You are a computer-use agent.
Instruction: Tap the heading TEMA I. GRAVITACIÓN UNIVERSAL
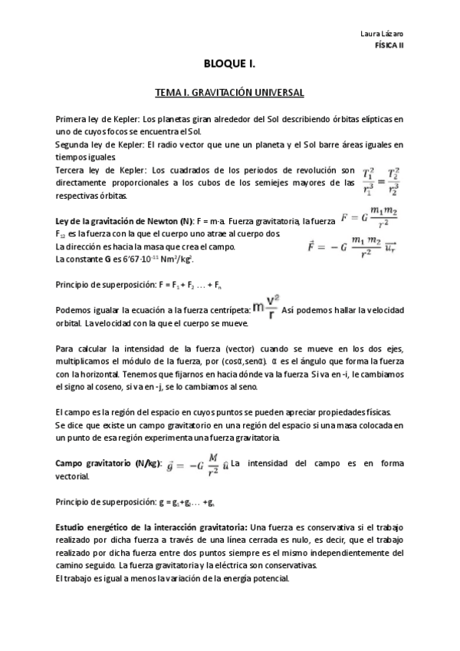(229, 93)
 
